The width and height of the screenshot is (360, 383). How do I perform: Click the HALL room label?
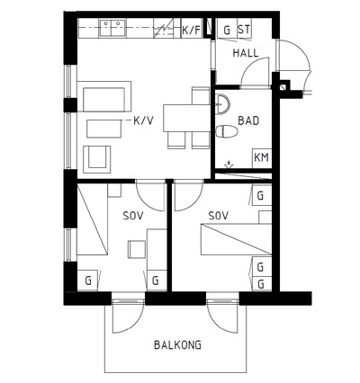(246, 53)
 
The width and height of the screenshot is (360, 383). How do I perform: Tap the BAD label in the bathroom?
(248, 120)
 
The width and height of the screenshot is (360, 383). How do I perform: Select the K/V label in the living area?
(143, 120)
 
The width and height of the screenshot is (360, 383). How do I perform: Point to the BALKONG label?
(177, 345)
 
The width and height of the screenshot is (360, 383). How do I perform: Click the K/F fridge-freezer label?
(191, 30)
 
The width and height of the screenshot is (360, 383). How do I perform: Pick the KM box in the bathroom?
(262, 158)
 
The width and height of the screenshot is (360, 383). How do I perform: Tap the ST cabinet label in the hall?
(244, 30)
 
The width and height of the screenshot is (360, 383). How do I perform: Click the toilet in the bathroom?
(227, 131)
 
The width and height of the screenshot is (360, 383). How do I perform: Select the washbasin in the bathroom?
(222, 104)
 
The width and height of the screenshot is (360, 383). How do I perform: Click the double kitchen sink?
(112, 28)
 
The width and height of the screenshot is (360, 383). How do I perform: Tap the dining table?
(186, 118)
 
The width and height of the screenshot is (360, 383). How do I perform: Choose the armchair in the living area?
(97, 159)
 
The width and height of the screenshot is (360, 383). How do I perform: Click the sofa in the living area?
(104, 96)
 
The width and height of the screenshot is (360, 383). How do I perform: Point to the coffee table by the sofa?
(104, 129)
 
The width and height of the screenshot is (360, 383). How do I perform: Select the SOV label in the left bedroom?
(133, 216)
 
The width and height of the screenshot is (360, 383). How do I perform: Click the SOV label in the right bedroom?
(219, 216)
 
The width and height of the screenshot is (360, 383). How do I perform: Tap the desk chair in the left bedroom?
(137, 249)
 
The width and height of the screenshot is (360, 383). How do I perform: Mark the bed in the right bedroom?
(236, 240)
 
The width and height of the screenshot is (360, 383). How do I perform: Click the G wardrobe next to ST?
(227, 29)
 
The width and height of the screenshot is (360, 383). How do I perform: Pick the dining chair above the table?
(201, 95)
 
